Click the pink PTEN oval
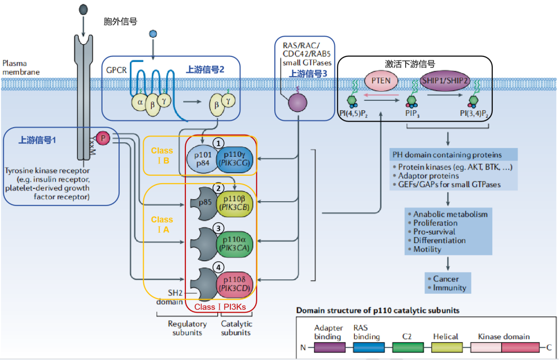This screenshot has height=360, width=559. tap(381, 81)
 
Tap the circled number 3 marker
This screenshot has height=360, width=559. tap(219, 228)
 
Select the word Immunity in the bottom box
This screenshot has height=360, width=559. tap(449, 288)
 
